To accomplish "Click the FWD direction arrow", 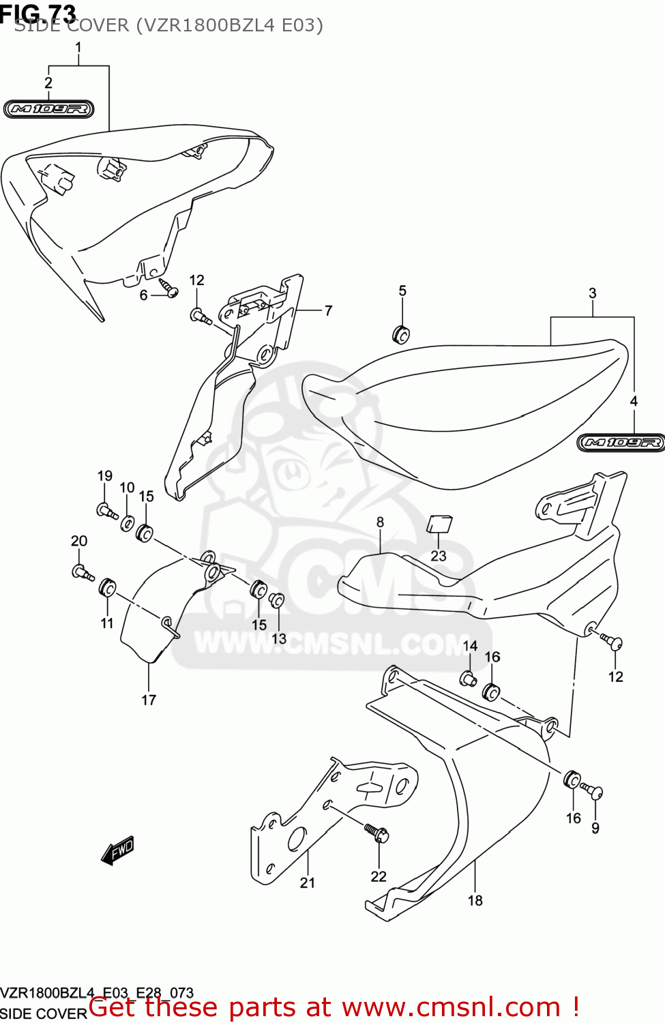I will tap(117, 850).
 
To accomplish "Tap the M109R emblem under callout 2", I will tap(48, 109).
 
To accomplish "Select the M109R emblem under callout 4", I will tap(621, 443).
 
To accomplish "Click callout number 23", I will tap(439, 556).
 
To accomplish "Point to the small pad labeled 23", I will tap(439, 524).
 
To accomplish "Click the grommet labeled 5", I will tap(401, 335).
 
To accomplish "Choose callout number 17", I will tap(149, 700).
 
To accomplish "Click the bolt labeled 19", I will tap(106, 510).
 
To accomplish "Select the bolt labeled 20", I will tap(81, 572).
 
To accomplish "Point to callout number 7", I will tap(328, 311).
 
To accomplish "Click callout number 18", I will tap(475, 900).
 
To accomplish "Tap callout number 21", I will tap(308, 883).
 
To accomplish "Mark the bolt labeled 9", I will tap(593, 792).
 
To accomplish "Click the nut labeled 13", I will tap(277, 601).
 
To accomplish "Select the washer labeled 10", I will tap(128, 524).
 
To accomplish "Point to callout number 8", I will tap(380, 522).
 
